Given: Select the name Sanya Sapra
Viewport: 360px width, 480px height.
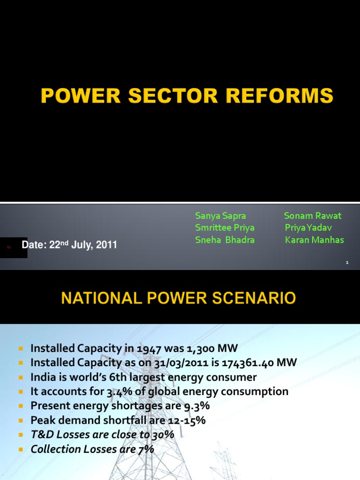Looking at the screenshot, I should pyautogui.click(x=220, y=216).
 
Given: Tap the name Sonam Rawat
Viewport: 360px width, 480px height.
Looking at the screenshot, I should pyautogui.click(x=313, y=216).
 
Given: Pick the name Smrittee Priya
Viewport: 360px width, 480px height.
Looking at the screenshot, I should pyautogui.click(x=225, y=228).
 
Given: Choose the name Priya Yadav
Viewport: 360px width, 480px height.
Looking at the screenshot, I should pyautogui.click(x=308, y=228).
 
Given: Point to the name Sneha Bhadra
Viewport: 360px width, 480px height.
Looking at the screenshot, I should pyautogui.click(x=225, y=240).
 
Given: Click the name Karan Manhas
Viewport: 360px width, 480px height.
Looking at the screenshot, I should pyautogui.click(x=314, y=240).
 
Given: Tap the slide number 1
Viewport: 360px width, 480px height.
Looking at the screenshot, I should pyautogui.click(x=347, y=263).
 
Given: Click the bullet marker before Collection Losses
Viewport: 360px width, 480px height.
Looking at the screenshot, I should pyautogui.click(x=21, y=450).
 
